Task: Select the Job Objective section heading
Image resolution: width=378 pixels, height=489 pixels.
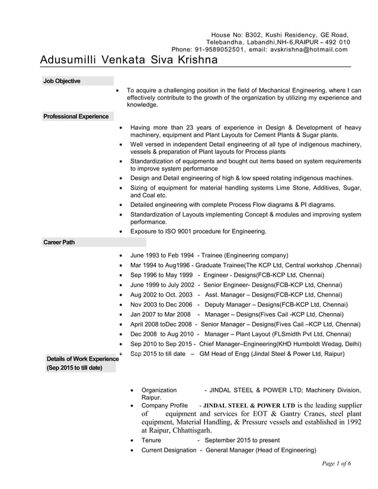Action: [62, 81]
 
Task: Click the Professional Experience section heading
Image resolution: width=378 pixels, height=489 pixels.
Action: [76, 117]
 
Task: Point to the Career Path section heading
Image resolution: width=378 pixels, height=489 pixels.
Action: [59, 242]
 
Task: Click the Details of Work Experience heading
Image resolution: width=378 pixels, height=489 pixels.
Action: [80, 359]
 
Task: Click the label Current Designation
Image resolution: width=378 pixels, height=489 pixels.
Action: [168, 451]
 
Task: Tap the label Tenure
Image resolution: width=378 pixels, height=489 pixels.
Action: [151, 440]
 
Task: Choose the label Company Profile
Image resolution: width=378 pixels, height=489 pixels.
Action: [164, 406]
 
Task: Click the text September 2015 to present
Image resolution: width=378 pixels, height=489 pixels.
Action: [242, 440]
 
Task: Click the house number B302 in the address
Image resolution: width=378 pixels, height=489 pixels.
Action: [252, 35]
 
